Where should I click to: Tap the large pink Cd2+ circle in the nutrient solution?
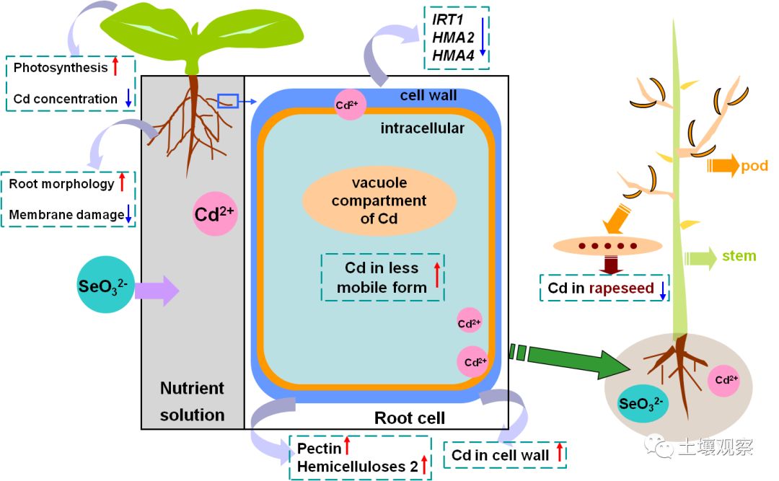click(x=216, y=214)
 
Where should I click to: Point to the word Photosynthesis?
click(x=61, y=69)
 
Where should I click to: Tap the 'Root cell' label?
click(x=409, y=418)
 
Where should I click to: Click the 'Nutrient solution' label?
click(x=192, y=401)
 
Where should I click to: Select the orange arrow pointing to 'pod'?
click(x=722, y=167)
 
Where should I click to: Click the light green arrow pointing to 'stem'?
click(x=699, y=255)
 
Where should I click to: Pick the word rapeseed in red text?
click(x=622, y=288)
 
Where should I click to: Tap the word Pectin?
click(x=319, y=449)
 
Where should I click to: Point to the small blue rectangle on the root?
click(x=228, y=102)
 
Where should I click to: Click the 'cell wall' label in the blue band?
click(x=428, y=95)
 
